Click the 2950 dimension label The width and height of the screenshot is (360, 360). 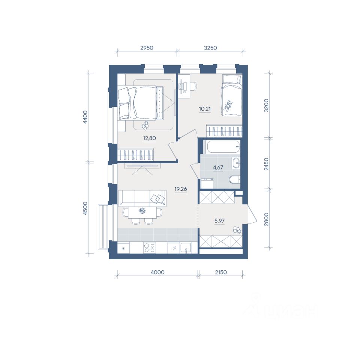click(x=147, y=48)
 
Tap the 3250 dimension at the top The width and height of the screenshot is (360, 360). click(x=210, y=48)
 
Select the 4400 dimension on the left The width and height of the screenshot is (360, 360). click(x=85, y=117)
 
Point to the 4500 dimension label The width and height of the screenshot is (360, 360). click(x=85, y=208)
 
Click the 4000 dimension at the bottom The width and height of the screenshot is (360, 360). click(x=157, y=272)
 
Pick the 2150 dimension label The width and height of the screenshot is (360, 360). click(x=221, y=272)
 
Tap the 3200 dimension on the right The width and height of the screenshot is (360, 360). click(x=266, y=105)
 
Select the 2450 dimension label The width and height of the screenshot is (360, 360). click(x=266, y=164)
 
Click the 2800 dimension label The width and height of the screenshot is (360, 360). click(x=266, y=219)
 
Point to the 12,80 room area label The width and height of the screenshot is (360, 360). click(x=150, y=138)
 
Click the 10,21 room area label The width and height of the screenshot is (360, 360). click(x=205, y=109)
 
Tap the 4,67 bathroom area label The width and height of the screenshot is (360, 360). click(x=218, y=168)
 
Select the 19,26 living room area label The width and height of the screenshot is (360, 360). click(x=181, y=189)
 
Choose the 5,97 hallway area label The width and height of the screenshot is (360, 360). click(x=219, y=221)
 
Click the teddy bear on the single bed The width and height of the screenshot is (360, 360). click(x=228, y=106)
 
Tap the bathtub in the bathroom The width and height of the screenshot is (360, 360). click(x=223, y=147)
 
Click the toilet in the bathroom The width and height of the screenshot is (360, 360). click(x=235, y=179)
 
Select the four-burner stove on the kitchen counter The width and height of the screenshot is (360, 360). click(x=149, y=248)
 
